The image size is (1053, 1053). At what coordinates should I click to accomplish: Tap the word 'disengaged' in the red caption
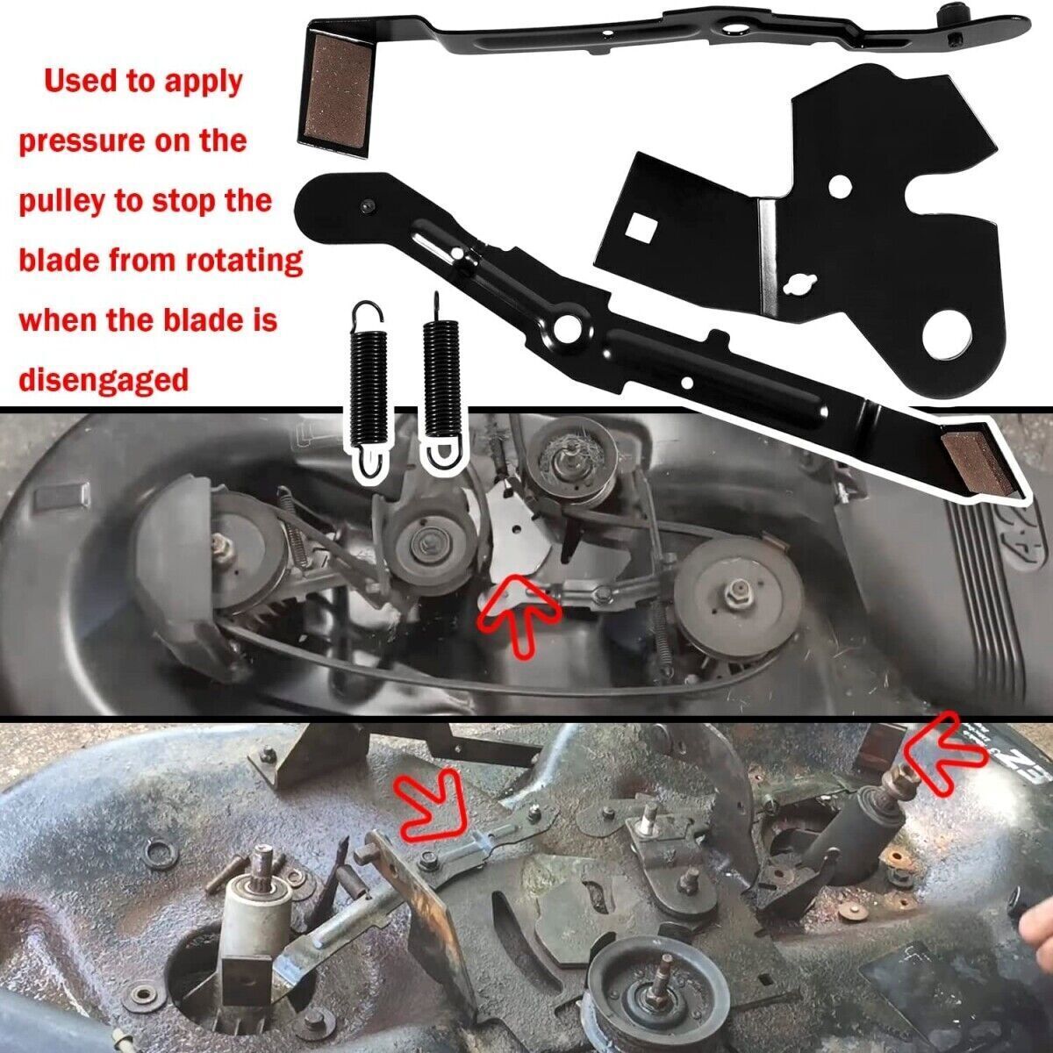[x=104, y=380]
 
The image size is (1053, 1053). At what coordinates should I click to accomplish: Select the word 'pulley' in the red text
[x=62, y=202]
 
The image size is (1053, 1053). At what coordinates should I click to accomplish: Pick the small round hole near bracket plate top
[x=841, y=186]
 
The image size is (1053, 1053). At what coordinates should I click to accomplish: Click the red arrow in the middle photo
[x=518, y=614]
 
